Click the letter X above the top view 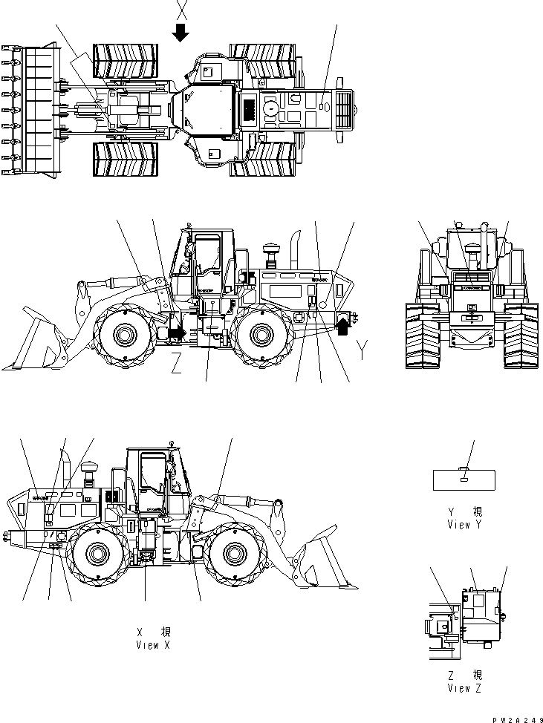182,10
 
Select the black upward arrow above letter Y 343,324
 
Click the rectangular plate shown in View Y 464,480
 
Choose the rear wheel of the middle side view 260,335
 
